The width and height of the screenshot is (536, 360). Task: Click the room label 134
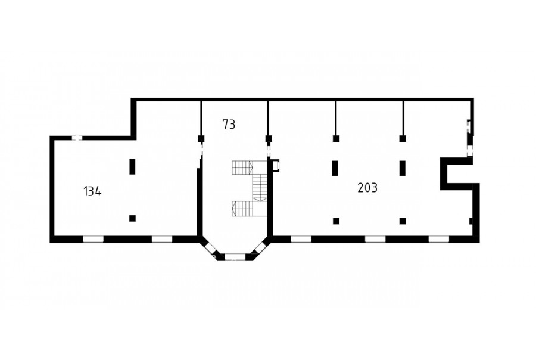point(92,191)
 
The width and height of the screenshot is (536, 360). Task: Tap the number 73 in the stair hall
point(229,124)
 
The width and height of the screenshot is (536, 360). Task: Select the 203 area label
point(367,188)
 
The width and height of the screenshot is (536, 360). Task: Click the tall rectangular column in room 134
point(132,167)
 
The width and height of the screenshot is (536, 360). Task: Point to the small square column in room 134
point(132,218)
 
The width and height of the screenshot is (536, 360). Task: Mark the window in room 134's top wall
point(77,138)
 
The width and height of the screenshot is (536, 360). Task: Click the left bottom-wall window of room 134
point(93,239)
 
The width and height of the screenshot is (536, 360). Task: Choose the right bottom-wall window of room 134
point(161,239)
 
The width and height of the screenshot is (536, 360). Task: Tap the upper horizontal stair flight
point(242,167)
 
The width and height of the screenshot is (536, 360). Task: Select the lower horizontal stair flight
point(242,209)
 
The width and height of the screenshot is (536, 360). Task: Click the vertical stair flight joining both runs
point(260,188)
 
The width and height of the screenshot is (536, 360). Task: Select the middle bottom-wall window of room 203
point(375,239)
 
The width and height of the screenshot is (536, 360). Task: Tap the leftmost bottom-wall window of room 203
point(301,239)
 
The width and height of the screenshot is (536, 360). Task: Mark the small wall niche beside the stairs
point(276,165)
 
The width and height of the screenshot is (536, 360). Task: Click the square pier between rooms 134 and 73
point(201,139)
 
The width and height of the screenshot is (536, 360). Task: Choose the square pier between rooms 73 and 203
point(269,139)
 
